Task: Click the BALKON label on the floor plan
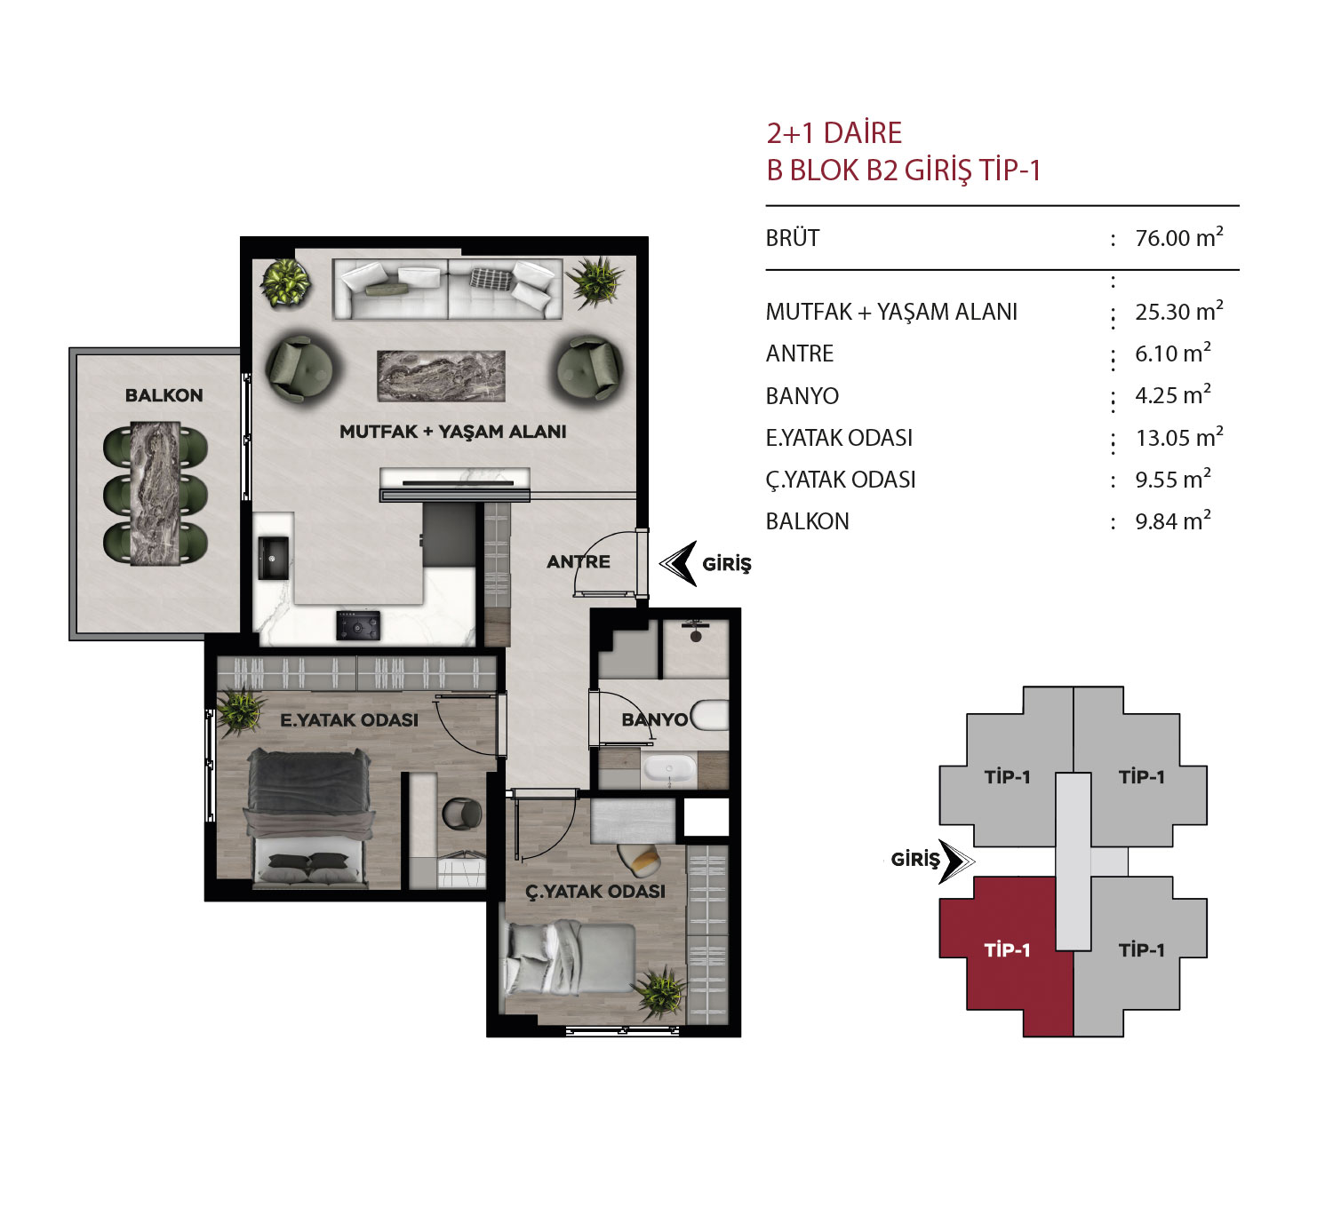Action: (x=164, y=395)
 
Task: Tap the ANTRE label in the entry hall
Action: (x=579, y=562)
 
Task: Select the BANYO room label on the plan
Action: (x=655, y=719)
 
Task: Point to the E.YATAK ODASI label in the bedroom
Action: (x=349, y=720)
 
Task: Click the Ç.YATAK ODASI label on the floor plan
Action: (x=595, y=891)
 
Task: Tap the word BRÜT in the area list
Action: (x=792, y=238)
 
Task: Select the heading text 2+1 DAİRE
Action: (x=834, y=133)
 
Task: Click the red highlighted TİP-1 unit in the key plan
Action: (x=1006, y=956)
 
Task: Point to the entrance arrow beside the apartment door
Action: (x=678, y=563)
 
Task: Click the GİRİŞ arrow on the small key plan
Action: (x=956, y=861)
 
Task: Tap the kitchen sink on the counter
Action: (x=273, y=558)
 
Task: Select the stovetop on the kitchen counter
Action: (x=358, y=625)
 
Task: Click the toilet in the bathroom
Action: (x=710, y=716)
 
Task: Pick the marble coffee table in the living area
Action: (x=441, y=376)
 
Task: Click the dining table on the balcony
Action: (x=156, y=493)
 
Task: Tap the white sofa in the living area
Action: (x=447, y=289)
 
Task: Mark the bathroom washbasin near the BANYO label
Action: (x=669, y=768)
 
